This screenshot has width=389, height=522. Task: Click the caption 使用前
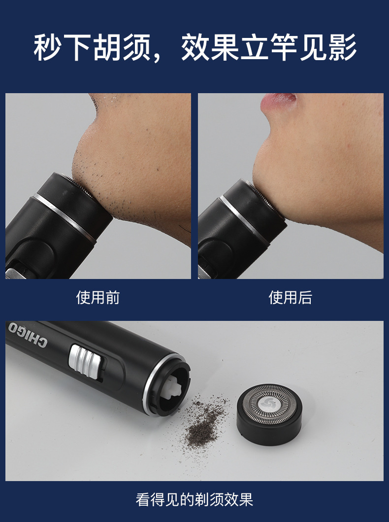tap(97, 298)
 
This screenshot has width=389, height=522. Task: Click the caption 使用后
tap(290, 298)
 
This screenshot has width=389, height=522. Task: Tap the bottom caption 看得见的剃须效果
tap(194, 499)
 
